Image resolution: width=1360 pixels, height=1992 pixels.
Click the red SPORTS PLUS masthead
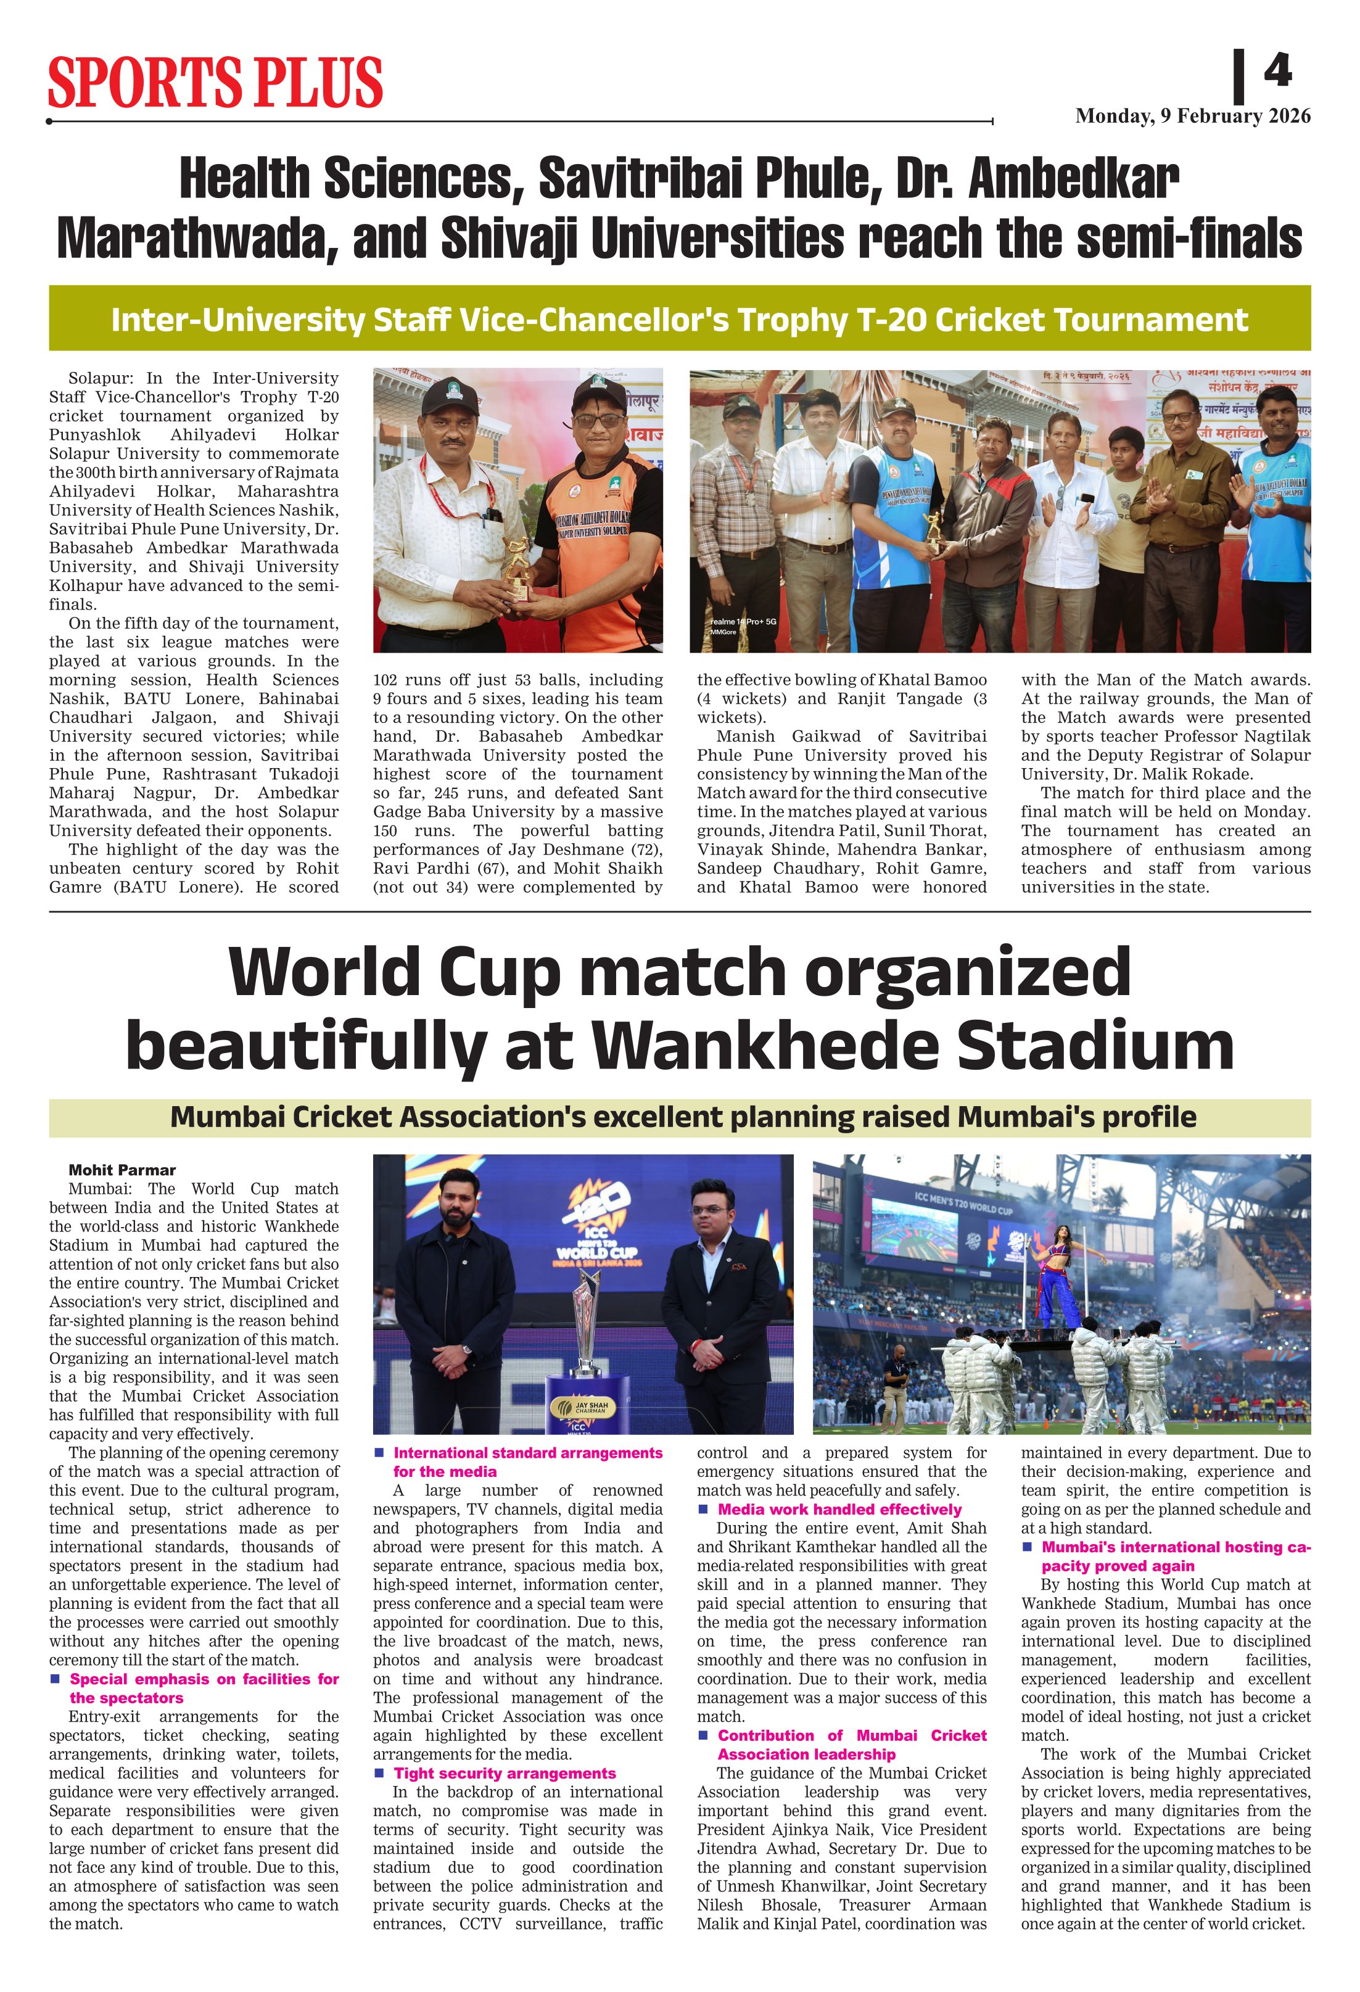(215, 82)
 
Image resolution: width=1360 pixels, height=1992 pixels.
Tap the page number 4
(1277, 70)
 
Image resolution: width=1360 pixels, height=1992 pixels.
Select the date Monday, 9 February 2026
(1192, 117)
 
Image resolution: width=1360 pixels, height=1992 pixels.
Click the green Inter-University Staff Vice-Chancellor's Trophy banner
(678, 319)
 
